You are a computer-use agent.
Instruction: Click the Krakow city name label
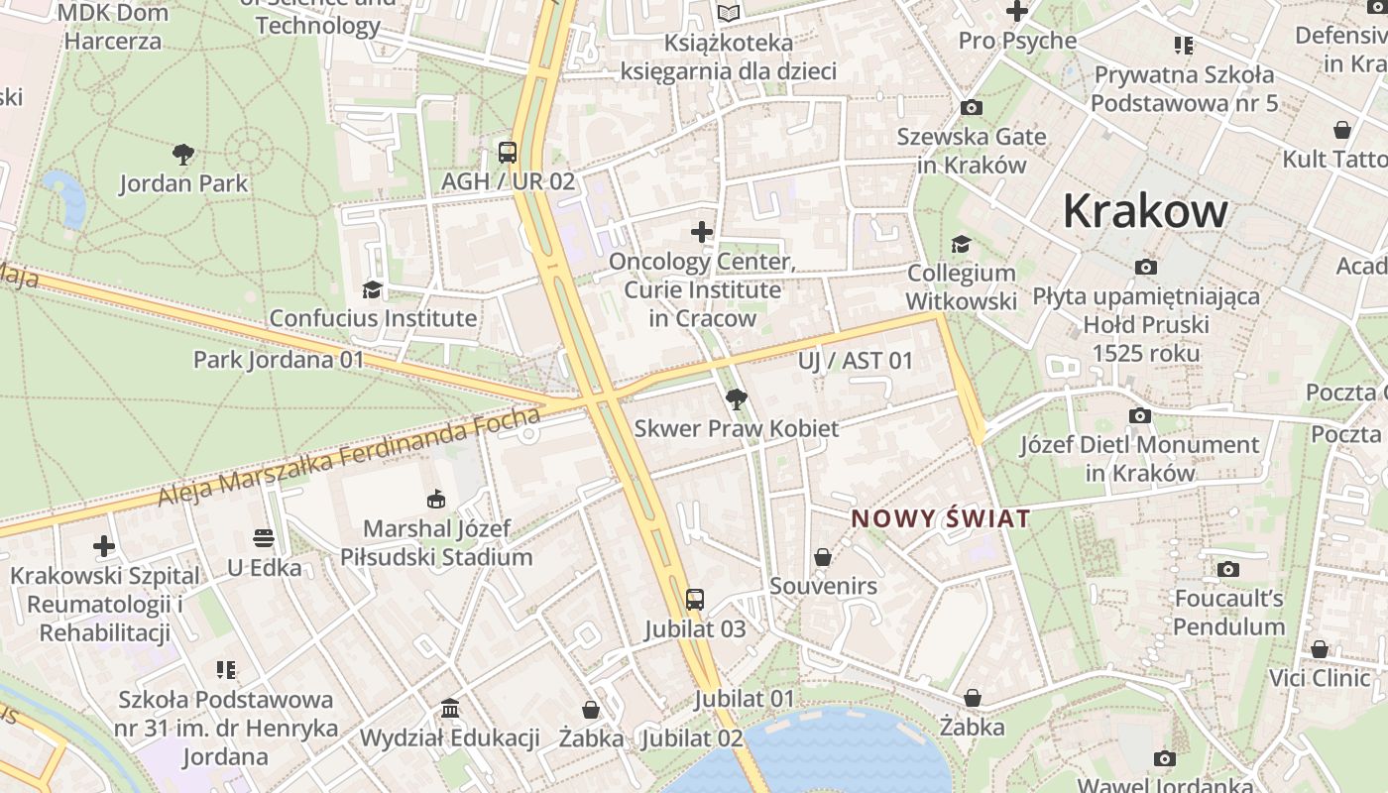[1145, 211]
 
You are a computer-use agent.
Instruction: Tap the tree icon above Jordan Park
[182, 154]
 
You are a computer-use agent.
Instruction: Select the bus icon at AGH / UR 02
[508, 152]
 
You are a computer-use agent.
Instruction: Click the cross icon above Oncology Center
[702, 232]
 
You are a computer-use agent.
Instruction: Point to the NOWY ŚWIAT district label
[941, 518]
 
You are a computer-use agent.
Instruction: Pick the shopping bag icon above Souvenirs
[822, 557]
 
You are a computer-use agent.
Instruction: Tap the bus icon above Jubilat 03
[695, 599]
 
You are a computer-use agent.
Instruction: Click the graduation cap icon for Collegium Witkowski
[960, 244]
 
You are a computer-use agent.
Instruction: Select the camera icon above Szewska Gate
[972, 107]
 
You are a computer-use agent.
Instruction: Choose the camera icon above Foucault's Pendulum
[1228, 569]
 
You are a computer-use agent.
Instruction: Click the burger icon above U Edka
[263, 538]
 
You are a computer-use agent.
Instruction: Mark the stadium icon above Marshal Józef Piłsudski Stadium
[435, 499]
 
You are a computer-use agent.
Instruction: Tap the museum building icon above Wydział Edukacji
[450, 708]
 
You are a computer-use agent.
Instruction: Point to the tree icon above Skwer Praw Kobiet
[736, 399]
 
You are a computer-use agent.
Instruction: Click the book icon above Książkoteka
[729, 13]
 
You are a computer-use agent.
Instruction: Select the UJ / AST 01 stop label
[855, 361]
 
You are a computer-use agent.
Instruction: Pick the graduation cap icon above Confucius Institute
[372, 288]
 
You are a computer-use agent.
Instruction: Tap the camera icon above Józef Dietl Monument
[1140, 415]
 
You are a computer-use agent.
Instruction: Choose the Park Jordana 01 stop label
[279, 359]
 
